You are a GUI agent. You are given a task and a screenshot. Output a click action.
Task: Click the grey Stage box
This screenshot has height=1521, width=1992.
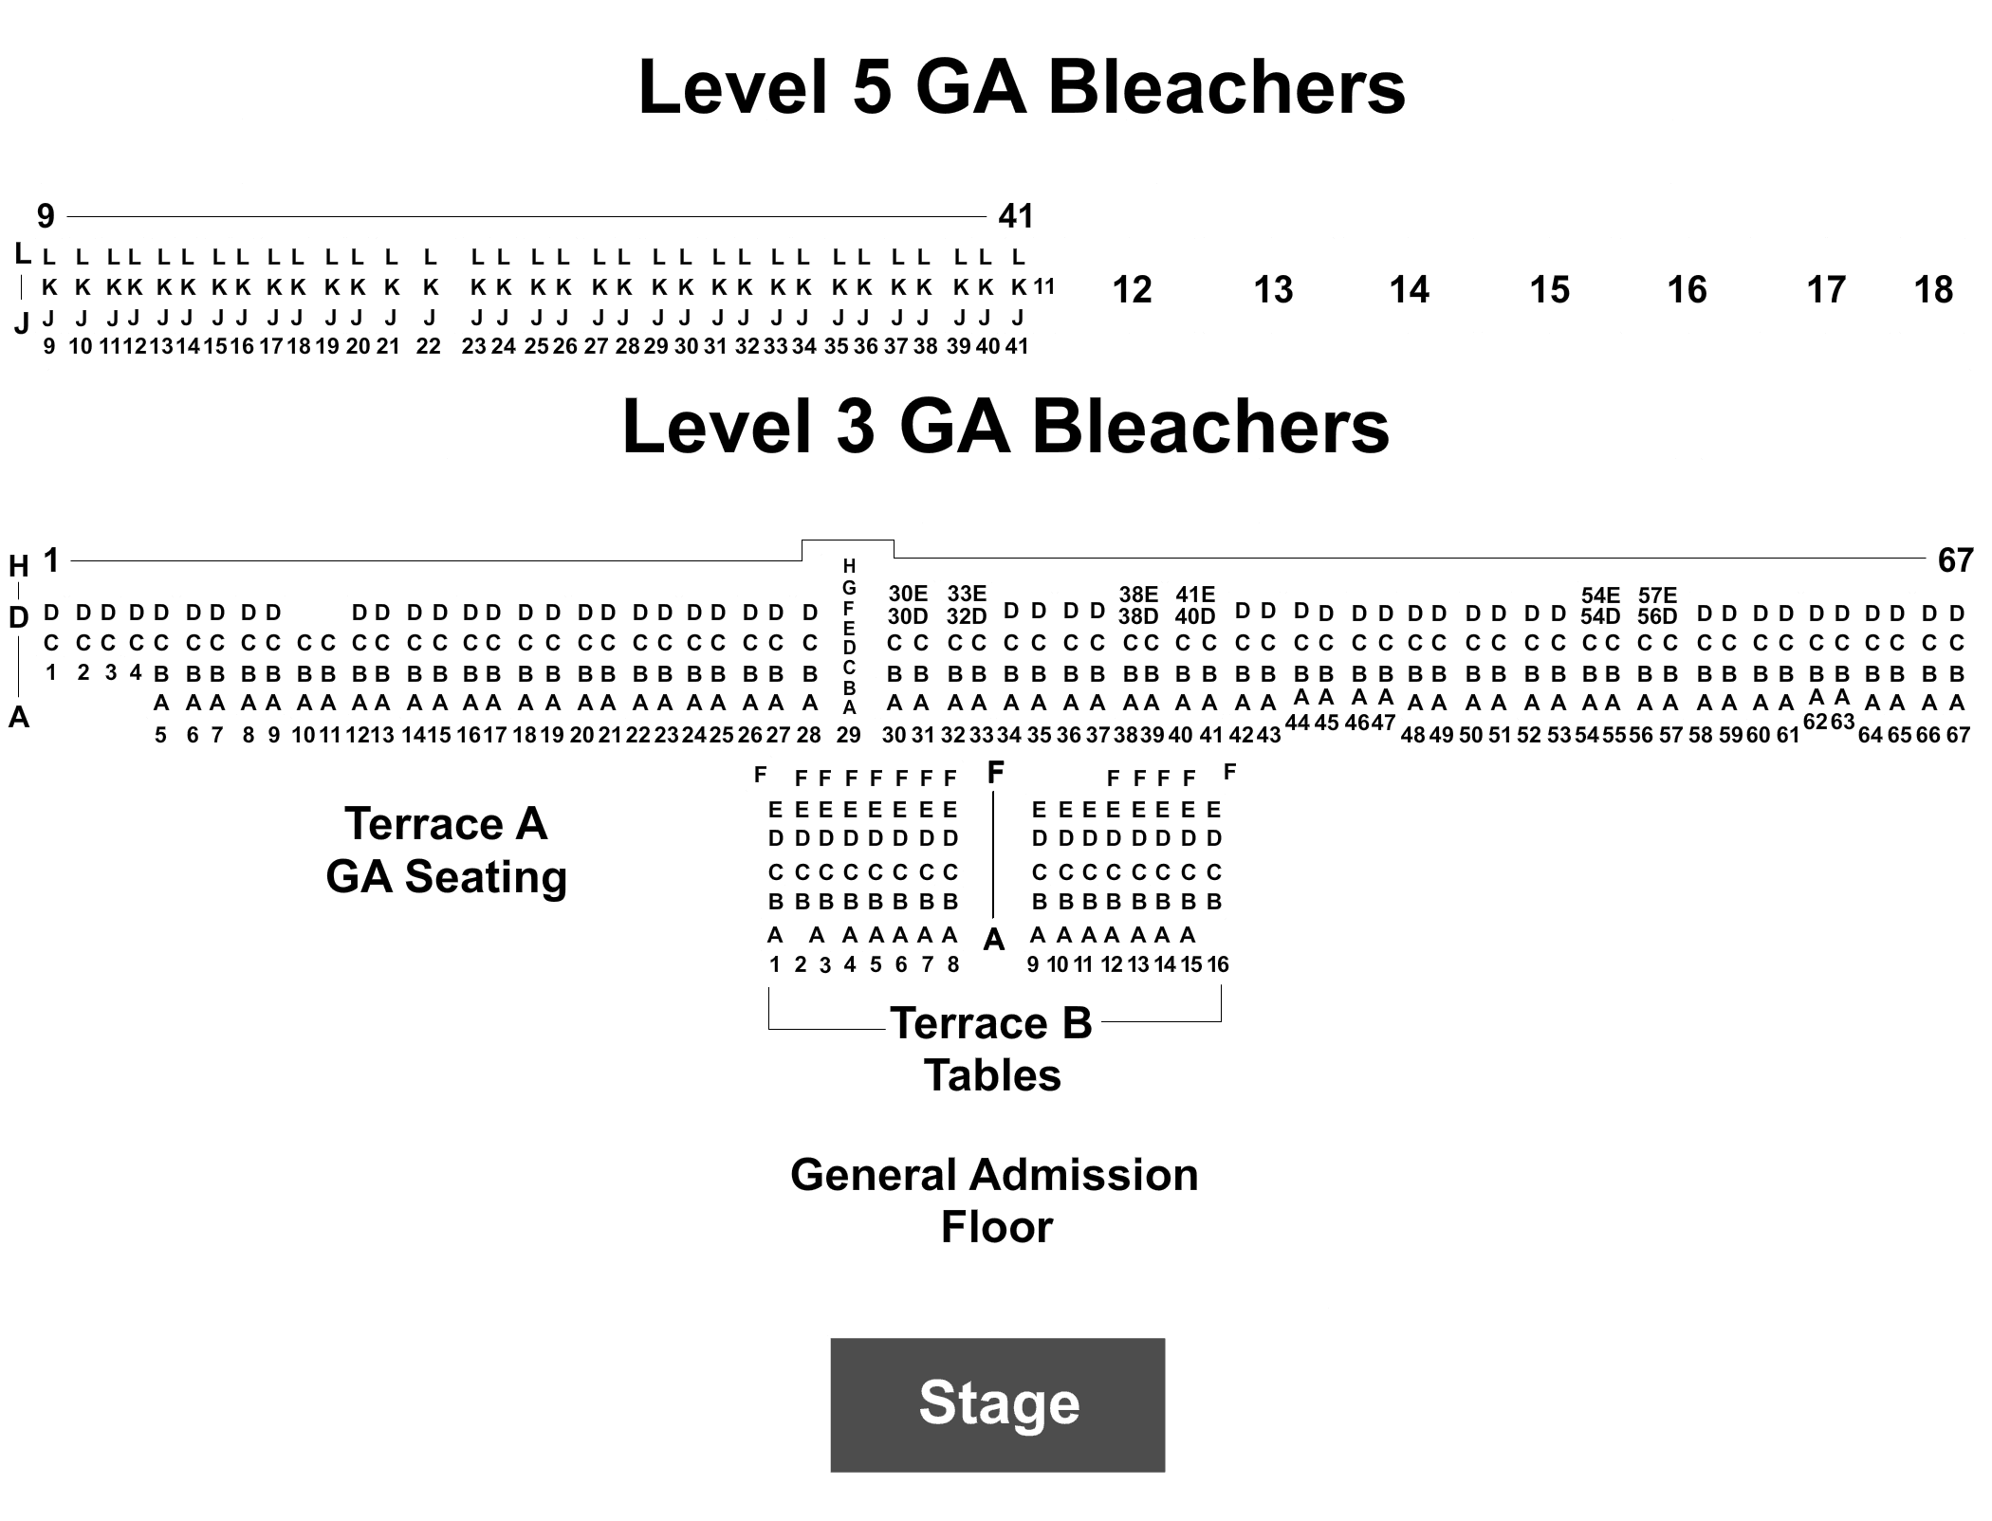pyautogui.click(x=997, y=1404)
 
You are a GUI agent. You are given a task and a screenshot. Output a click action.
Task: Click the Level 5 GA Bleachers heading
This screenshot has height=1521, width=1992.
pyautogui.click(x=1022, y=87)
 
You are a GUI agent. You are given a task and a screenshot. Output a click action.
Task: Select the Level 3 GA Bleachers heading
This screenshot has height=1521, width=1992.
pyautogui.click(x=1005, y=427)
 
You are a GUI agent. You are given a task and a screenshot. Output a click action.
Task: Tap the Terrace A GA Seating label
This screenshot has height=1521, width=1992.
pyautogui.click(x=446, y=850)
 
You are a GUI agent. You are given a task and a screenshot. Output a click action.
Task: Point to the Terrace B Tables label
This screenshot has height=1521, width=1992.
pyautogui.click(x=992, y=1049)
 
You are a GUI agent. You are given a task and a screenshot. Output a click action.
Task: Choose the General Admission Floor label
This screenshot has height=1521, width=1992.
pyautogui.click(x=995, y=1200)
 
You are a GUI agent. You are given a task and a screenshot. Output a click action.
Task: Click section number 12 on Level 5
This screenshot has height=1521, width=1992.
pyautogui.click(x=1132, y=289)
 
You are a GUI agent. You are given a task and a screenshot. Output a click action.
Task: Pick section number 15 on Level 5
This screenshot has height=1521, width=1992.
pyautogui.click(x=1550, y=289)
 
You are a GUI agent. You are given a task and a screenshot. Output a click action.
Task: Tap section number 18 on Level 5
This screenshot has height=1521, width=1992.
pyautogui.click(x=1933, y=289)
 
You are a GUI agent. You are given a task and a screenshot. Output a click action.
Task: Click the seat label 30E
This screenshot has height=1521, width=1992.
pyautogui.click(x=908, y=594)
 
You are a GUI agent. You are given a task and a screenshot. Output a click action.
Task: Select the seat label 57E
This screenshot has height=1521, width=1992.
pyautogui.click(x=1657, y=595)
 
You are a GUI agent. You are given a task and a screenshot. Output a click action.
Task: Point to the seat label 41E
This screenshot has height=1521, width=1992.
pyautogui.click(x=1195, y=594)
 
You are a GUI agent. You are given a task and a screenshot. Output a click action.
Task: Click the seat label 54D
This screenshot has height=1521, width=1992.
pyautogui.click(x=1600, y=616)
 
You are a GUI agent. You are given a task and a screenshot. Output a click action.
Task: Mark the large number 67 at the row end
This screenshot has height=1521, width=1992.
pyautogui.click(x=1955, y=560)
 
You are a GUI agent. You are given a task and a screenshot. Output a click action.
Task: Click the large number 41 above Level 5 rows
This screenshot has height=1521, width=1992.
pyautogui.click(x=1015, y=216)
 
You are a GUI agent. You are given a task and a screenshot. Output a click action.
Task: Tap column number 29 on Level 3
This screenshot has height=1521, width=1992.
pyautogui.click(x=848, y=735)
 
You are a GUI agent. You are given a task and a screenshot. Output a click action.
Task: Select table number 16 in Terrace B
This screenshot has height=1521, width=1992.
pyautogui.click(x=1218, y=964)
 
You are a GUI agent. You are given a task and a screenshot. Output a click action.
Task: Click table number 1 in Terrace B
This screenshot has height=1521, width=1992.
pyautogui.click(x=775, y=964)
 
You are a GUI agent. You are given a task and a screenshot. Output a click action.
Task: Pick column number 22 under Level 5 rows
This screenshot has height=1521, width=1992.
pyautogui.click(x=429, y=346)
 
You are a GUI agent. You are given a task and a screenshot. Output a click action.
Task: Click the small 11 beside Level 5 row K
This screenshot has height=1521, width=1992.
pyautogui.click(x=1044, y=286)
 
